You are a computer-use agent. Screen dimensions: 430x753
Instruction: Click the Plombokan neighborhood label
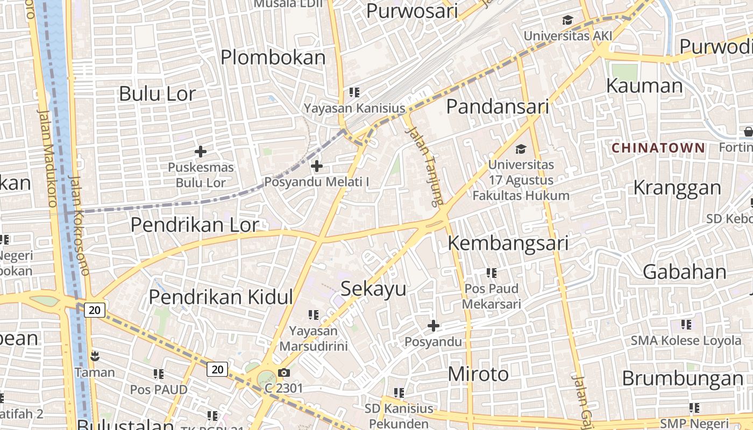[x=273, y=58]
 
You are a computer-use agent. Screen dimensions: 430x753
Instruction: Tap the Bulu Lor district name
[x=157, y=94]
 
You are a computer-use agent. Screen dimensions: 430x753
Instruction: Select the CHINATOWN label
[x=658, y=147]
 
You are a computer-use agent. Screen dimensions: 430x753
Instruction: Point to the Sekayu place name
[x=374, y=289]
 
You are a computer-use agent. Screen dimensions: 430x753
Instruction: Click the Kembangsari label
[x=508, y=243]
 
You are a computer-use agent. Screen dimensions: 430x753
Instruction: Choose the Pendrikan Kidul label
[x=221, y=297]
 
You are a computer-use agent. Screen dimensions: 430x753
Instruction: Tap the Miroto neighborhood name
[x=478, y=374]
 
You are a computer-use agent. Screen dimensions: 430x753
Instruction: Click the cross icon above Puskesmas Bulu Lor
[x=201, y=152]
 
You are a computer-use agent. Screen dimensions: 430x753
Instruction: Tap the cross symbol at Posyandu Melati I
[x=317, y=166]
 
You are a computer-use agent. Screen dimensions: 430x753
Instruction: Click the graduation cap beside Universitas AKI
[x=567, y=21]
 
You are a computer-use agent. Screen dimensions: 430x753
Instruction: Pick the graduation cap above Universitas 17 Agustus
[x=521, y=148]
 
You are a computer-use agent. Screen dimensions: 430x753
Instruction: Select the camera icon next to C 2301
[x=283, y=372]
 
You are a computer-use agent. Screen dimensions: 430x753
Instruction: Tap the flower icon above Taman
[x=95, y=356]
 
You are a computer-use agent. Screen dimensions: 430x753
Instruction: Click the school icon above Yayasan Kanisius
[x=354, y=92]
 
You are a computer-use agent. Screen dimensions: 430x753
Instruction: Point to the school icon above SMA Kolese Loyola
[x=686, y=324]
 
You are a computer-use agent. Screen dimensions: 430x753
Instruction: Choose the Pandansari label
[x=498, y=106]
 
